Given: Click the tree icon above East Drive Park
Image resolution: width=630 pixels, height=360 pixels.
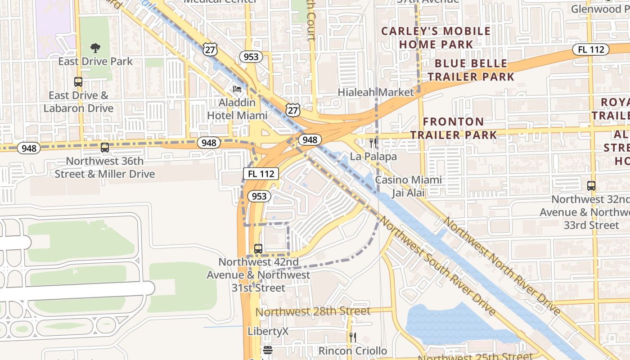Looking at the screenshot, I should tap(95, 48).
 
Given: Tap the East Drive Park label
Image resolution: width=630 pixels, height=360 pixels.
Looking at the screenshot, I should tap(95, 62).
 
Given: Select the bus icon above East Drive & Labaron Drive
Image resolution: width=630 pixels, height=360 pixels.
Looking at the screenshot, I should tap(78, 82).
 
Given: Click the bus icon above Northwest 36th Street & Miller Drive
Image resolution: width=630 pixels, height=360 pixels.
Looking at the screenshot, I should tap(105, 147).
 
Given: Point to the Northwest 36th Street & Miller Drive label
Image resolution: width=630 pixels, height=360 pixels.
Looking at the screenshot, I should tap(105, 167).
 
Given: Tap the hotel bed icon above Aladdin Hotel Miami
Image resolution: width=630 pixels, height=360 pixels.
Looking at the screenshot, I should tap(237, 89).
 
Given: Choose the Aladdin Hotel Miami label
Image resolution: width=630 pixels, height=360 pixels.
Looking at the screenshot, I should tap(237, 109).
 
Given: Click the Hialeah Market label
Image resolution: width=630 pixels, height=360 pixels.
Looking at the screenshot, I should tap(375, 92).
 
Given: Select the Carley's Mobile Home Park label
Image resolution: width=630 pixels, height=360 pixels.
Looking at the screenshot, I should tap(436, 38).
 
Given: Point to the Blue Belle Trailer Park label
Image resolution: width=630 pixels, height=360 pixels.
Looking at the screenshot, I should tap(471, 70).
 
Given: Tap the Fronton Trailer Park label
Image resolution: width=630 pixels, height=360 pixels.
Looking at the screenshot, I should tap(453, 128).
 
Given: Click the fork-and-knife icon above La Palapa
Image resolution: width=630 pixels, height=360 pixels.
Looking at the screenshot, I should tap(373, 143).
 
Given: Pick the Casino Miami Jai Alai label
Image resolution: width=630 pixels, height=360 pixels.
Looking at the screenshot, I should tap(408, 186).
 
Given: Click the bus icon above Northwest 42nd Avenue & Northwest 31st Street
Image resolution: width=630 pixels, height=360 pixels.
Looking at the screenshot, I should tap(258, 248).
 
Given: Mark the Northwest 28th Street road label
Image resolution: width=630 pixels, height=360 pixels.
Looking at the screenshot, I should tap(313, 311).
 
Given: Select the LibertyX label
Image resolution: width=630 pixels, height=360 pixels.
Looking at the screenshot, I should tap(268, 332).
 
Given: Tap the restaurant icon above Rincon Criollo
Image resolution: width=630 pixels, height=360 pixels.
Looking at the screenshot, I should tap(353, 337).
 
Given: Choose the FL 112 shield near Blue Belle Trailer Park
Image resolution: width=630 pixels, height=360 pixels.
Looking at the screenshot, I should tap(591, 49).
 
